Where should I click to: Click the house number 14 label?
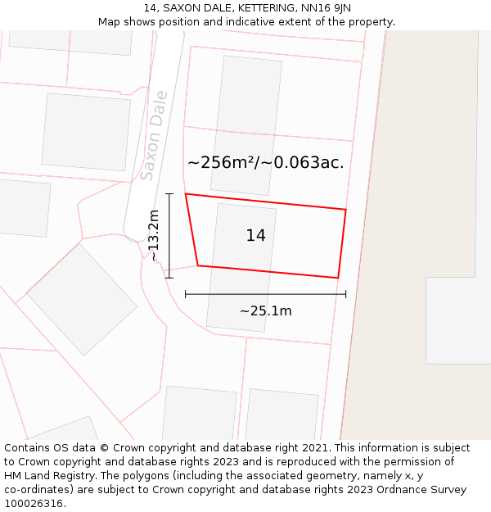tap(255, 236)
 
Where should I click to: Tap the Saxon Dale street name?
tap(154, 135)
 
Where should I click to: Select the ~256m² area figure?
tap(222, 162)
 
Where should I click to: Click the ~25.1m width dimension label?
tap(265, 311)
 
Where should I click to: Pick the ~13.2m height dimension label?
tap(153, 236)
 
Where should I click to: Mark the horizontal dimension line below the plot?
tap(265, 294)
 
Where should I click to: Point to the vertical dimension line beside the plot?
tap(169, 236)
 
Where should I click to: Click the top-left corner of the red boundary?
tap(186, 194)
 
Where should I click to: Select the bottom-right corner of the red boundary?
tap(338, 278)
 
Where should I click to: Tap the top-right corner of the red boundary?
tap(345, 210)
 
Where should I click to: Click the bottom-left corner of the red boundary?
tap(197, 265)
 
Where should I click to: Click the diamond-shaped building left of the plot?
tap(82, 299)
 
